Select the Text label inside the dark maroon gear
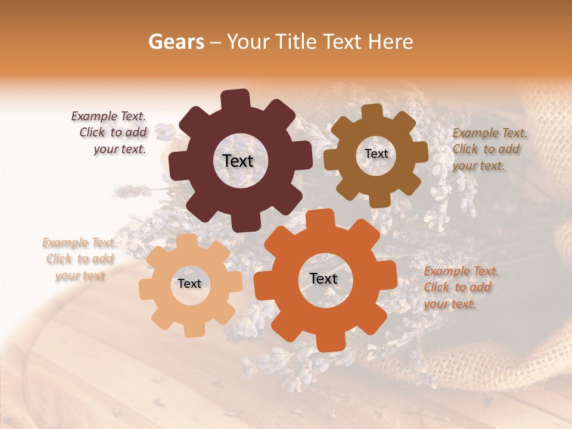238,161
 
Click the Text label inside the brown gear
376,154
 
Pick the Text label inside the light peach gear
189,284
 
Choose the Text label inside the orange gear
324,278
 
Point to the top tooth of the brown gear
372,111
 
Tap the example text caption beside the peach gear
79,259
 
